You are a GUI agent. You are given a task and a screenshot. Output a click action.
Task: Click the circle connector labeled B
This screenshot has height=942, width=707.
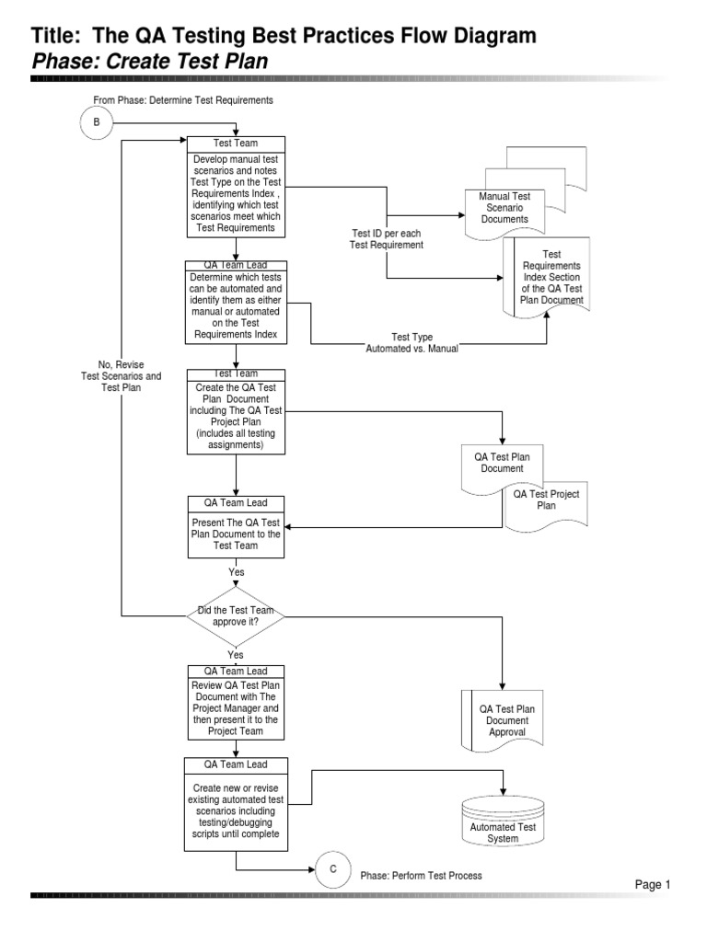(x=96, y=122)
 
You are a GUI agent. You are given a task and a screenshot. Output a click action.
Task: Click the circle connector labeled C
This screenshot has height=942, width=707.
(x=333, y=868)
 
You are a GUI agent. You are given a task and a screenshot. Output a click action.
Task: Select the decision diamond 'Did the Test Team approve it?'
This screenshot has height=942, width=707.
(x=236, y=615)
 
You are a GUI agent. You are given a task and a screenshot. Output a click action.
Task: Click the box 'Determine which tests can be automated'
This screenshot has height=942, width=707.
(x=236, y=306)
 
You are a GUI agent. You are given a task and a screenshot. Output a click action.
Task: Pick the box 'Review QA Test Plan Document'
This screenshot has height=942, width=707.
(x=236, y=706)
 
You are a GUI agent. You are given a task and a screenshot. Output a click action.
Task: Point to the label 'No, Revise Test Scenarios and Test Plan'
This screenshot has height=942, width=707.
(x=121, y=375)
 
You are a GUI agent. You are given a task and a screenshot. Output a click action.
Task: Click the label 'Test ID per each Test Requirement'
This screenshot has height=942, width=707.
(x=387, y=239)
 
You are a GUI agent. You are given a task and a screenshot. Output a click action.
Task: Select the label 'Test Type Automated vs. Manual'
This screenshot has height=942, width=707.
(x=411, y=343)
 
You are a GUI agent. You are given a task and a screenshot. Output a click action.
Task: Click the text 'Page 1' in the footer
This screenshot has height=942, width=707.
(x=653, y=884)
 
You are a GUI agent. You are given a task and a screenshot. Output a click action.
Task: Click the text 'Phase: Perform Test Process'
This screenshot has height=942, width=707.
(x=421, y=875)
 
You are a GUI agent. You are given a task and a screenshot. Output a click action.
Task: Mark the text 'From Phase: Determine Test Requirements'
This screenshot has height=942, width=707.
(x=182, y=99)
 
